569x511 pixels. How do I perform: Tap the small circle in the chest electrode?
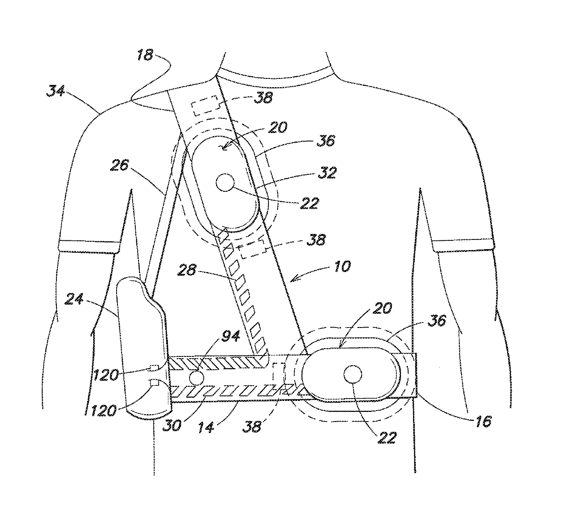(224, 183)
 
